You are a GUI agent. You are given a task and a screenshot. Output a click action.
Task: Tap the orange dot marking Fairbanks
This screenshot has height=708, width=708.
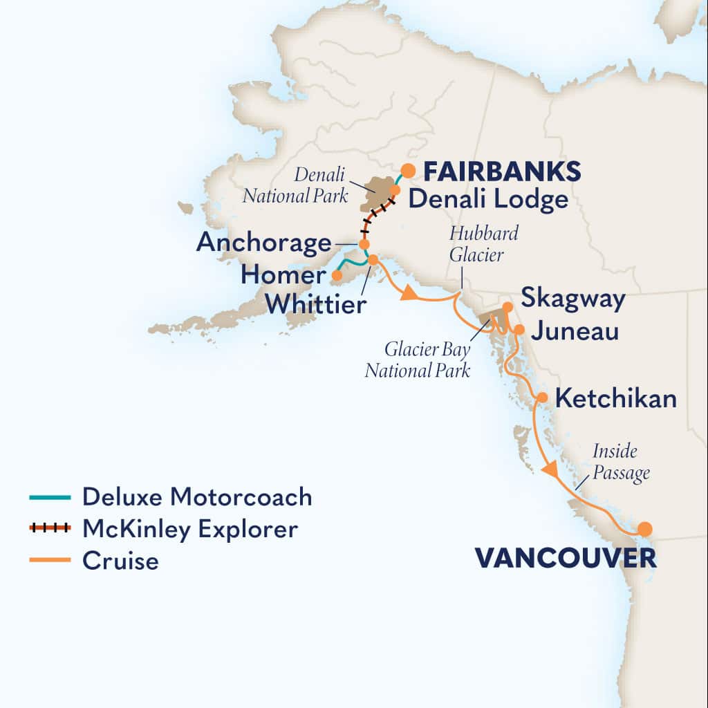point(409,169)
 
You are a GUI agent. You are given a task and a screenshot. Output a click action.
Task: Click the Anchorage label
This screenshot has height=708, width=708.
point(263,243)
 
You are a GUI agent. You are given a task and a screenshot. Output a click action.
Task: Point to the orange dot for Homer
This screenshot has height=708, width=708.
point(337,275)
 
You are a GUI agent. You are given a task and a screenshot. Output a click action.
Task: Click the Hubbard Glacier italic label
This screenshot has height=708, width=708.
point(483,243)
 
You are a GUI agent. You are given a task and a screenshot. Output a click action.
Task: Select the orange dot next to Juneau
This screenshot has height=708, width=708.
point(519,329)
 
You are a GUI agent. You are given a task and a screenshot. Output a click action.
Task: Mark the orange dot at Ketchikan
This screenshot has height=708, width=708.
point(543,398)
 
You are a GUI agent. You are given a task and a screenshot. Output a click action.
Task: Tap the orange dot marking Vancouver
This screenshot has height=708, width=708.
point(644,530)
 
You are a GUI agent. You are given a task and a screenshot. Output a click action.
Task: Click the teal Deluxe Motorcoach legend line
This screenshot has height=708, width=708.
point(50,497)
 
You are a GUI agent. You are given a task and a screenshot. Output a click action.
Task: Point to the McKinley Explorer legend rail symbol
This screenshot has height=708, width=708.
point(50,529)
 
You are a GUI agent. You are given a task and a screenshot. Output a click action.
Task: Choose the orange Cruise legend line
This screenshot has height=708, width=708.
point(50,560)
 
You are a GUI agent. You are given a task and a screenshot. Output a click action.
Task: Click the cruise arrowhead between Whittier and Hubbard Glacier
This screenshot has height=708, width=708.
point(409,293)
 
